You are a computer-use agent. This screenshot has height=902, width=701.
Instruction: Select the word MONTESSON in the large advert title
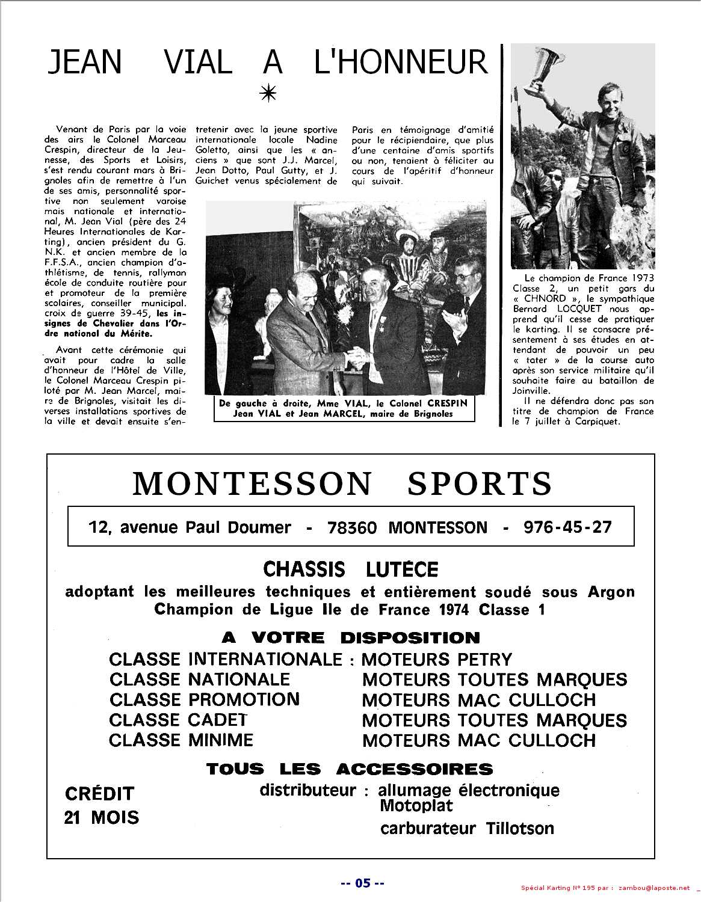tap(253, 484)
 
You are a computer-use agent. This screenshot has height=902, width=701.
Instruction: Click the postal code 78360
tap(352, 528)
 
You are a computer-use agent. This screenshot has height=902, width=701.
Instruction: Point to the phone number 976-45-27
tap(567, 527)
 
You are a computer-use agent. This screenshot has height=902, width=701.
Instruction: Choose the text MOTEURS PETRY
tap(436, 660)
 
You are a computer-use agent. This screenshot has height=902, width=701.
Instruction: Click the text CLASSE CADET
tap(178, 720)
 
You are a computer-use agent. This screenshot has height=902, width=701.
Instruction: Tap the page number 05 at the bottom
tap(362, 883)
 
